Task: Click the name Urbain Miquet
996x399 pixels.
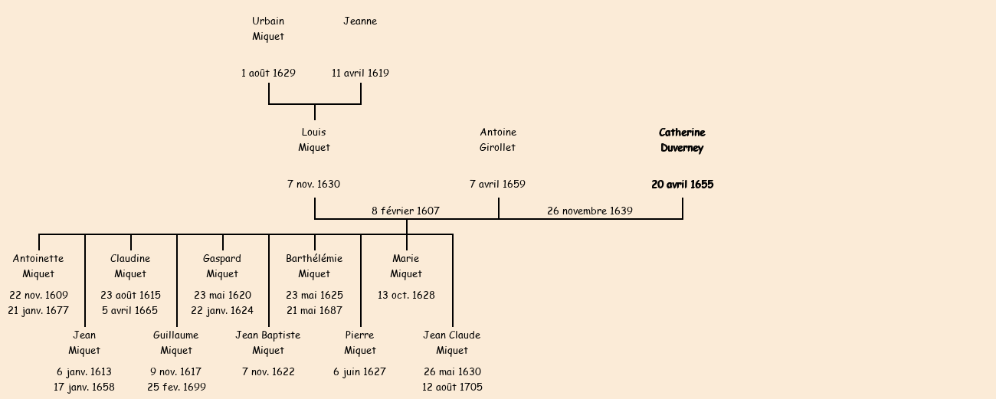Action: [x=268, y=29]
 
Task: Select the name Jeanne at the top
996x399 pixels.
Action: [x=360, y=21]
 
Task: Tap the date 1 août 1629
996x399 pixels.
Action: [x=268, y=74]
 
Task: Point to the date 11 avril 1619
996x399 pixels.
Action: [x=360, y=74]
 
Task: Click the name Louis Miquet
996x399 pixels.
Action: [x=314, y=140]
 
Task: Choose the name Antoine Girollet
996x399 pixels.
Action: [x=498, y=140]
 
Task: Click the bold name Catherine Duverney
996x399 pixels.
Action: [x=682, y=140]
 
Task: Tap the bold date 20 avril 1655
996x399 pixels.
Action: [x=682, y=185]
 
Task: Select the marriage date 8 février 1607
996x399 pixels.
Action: [x=405, y=211]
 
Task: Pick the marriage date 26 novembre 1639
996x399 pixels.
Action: [x=590, y=211]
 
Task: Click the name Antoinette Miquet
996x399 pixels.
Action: [x=38, y=267]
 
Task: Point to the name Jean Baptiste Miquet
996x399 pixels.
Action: [x=268, y=343]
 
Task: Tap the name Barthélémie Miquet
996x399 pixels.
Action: [x=314, y=267]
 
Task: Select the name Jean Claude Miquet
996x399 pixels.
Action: [x=452, y=343]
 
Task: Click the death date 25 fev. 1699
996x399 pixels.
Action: [x=176, y=388]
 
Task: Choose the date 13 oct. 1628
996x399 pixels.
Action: [x=406, y=296]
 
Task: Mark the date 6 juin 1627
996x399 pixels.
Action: [x=359, y=372]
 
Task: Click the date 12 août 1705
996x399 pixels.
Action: [x=452, y=388]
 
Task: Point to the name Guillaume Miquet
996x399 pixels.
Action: [x=176, y=343]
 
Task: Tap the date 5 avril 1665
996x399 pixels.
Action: [x=129, y=311]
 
